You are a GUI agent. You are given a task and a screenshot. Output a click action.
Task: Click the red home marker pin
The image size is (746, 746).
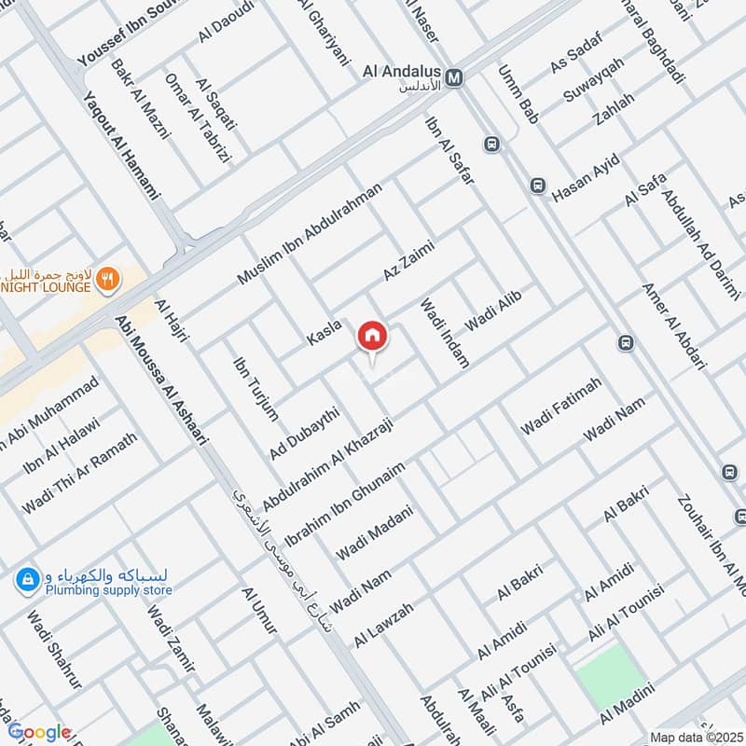tap(372, 336)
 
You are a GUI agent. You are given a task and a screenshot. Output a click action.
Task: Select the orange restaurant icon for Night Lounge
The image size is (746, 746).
tap(109, 278)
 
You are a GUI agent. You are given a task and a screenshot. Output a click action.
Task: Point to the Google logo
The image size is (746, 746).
tap(39, 732)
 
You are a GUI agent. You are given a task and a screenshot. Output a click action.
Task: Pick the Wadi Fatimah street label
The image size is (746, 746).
tap(560, 407)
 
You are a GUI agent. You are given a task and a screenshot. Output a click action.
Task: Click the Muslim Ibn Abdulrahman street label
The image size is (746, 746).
tap(310, 234)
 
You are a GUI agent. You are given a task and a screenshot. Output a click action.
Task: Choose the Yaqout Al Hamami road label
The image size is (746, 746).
tap(120, 149)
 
